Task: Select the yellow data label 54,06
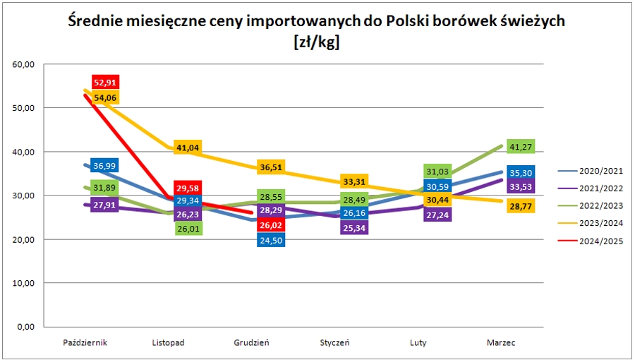click(104, 97)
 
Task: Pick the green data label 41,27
click(521, 147)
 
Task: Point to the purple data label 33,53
click(521, 186)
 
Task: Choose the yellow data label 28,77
click(521, 206)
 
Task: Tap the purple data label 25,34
click(354, 227)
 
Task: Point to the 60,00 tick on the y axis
click(23, 65)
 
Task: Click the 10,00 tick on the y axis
click(23, 283)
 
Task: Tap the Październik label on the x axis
click(85, 343)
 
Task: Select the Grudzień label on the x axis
click(251, 343)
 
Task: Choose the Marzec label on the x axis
click(501, 343)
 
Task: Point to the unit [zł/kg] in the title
click(317, 42)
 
